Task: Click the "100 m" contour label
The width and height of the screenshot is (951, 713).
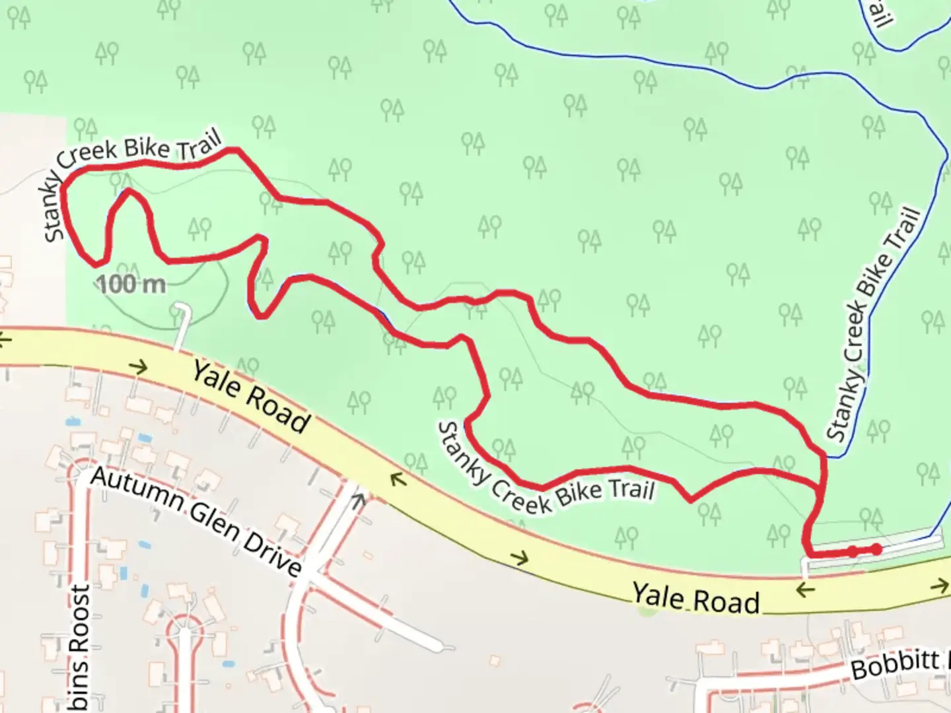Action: pos(131,285)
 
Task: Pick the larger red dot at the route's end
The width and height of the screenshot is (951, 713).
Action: pos(876,549)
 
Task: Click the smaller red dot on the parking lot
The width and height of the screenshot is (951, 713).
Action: pos(853,551)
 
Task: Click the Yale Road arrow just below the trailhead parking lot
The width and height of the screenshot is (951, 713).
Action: pos(804,589)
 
